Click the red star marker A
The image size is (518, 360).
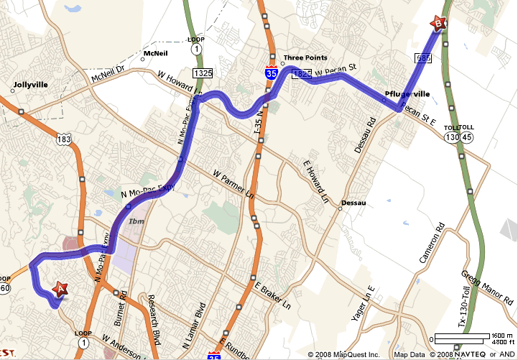[x=60, y=289]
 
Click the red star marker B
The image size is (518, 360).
[x=438, y=24]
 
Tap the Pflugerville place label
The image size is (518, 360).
[x=406, y=94]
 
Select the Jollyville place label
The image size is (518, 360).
[x=30, y=84]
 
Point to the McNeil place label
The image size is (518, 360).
[x=156, y=53]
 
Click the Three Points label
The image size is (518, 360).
[x=305, y=58]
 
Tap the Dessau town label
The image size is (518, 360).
[x=353, y=203]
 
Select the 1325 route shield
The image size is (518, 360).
[x=202, y=73]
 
